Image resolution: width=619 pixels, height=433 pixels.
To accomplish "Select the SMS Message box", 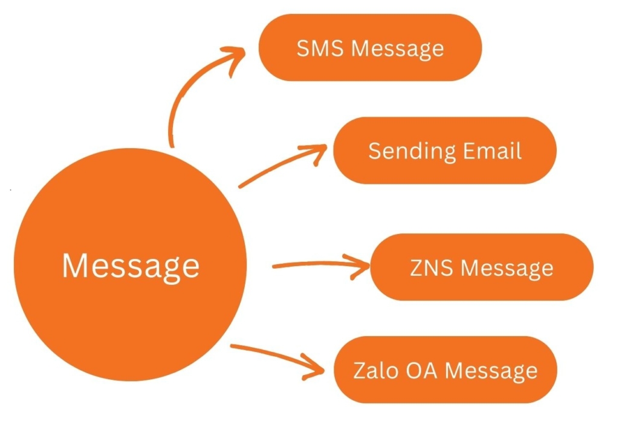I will (x=370, y=47).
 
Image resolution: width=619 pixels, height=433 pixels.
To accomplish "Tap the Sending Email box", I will (x=444, y=151).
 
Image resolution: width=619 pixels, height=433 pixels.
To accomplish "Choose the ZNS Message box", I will (x=482, y=267).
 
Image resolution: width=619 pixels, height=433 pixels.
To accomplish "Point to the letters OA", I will (x=419, y=370).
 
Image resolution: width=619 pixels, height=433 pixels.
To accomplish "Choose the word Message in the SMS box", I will (x=398, y=48).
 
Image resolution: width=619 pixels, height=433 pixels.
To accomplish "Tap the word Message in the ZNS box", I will (x=507, y=267).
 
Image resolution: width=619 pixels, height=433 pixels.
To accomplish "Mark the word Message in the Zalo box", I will (x=491, y=370).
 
